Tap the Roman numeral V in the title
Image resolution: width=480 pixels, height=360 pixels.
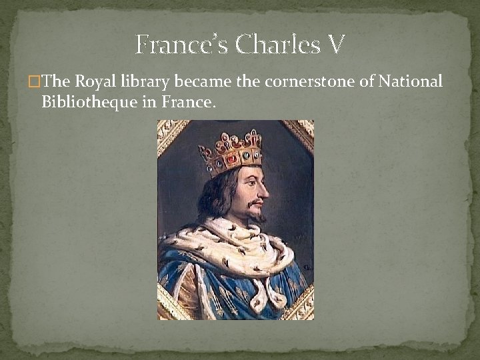coord(336,45)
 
